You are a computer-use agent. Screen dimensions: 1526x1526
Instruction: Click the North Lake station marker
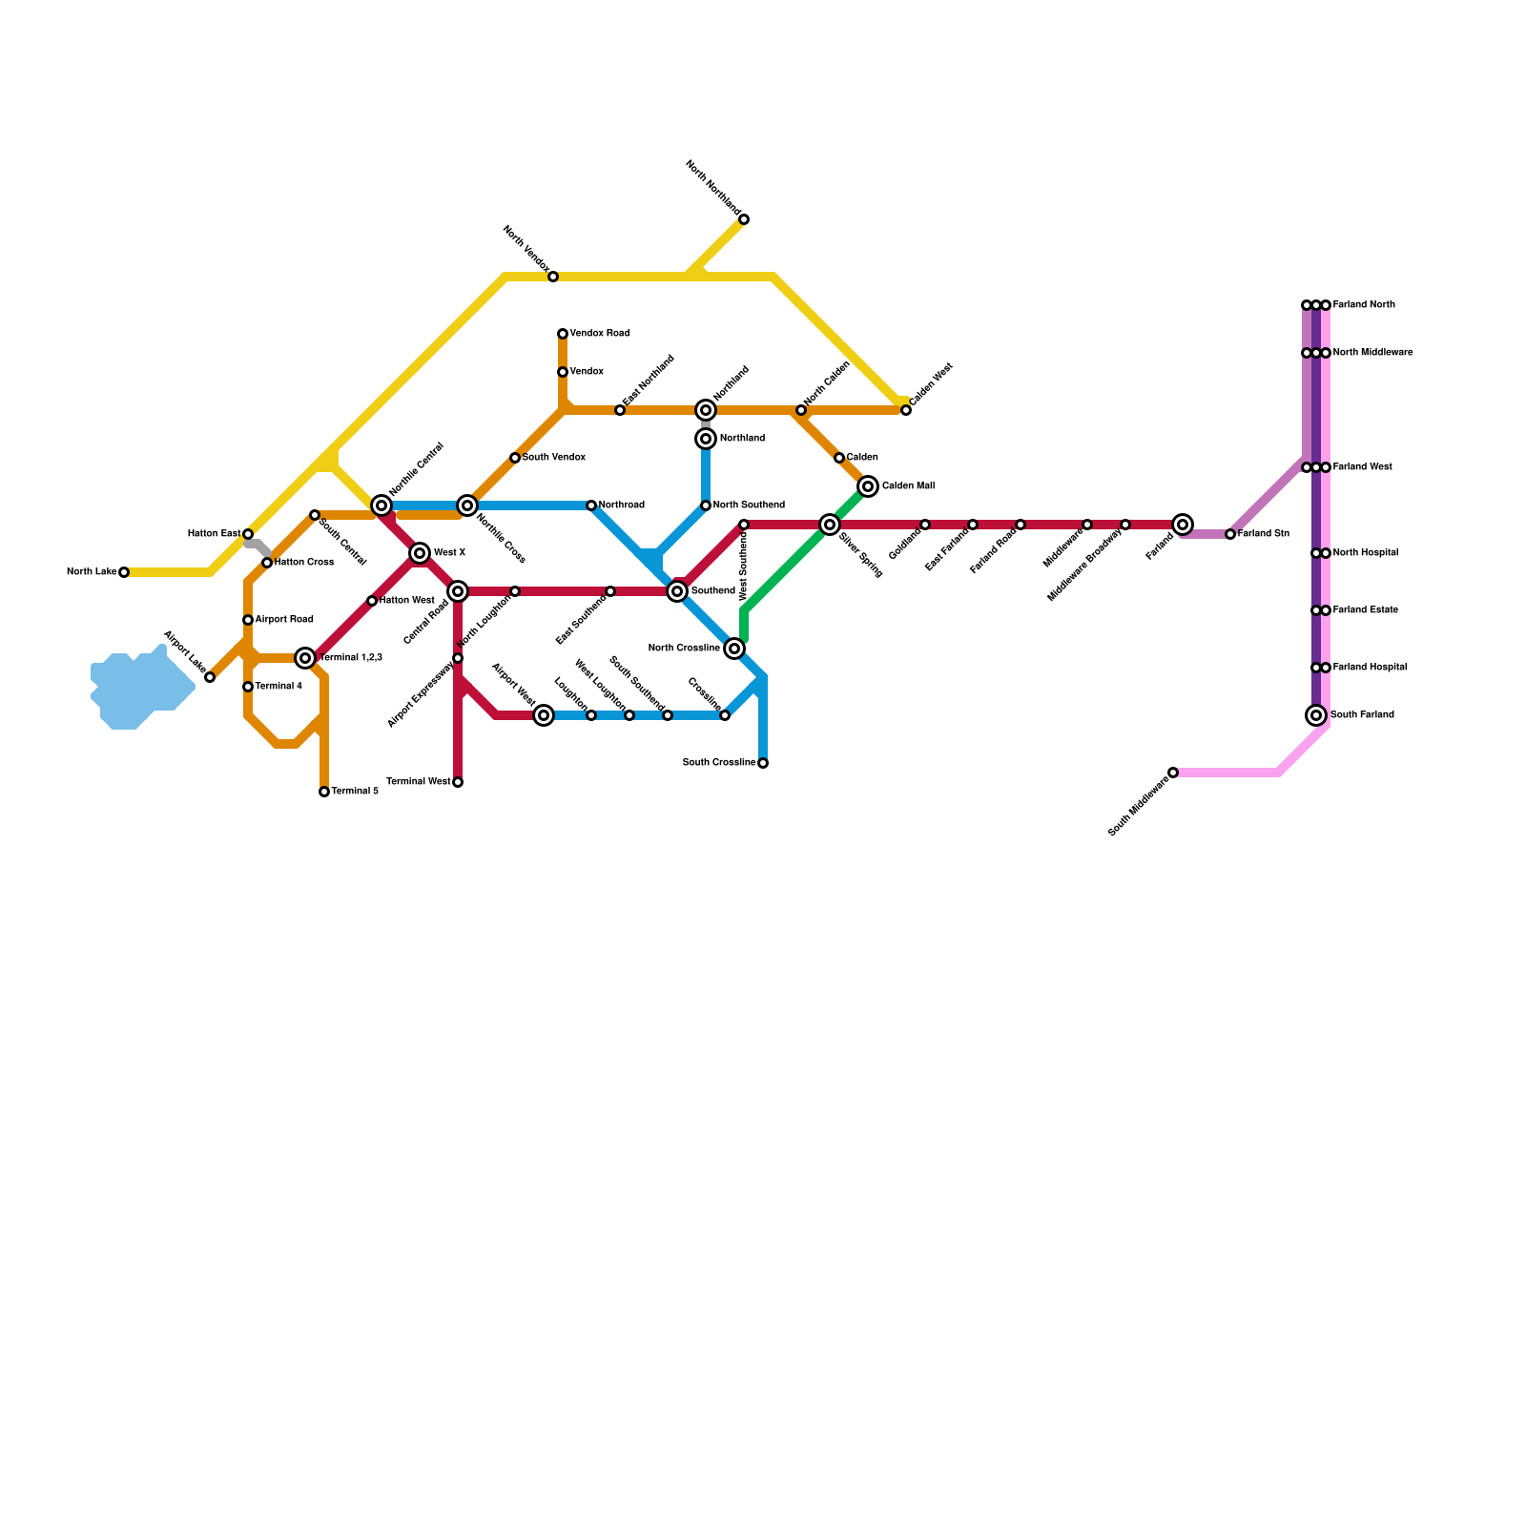124,572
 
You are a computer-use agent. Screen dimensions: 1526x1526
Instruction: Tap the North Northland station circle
744,220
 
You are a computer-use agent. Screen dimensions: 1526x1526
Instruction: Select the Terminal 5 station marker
324,792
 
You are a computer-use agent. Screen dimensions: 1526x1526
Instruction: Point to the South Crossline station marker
763,763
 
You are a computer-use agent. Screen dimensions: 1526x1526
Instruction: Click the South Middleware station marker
1173,773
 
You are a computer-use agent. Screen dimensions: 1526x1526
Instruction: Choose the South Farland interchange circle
1316,715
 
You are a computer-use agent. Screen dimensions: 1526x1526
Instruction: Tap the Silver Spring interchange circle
830,525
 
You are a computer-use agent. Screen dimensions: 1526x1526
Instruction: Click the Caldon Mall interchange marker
868,486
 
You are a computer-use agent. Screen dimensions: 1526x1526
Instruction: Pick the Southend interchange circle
677,591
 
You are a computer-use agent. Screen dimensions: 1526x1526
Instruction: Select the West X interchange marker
420,553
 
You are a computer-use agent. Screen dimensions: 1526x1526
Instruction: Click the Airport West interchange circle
544,715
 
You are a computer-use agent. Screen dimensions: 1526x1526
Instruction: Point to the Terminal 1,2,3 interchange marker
305,658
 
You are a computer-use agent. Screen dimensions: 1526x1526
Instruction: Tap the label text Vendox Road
599,334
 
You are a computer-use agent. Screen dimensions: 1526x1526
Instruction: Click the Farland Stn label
1264,534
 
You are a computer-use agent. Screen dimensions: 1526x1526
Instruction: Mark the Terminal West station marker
458,782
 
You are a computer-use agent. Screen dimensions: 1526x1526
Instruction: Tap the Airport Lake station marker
210,677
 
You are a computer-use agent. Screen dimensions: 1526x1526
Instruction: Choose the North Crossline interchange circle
734,649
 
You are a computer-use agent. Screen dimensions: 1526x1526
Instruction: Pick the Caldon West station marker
906,410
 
